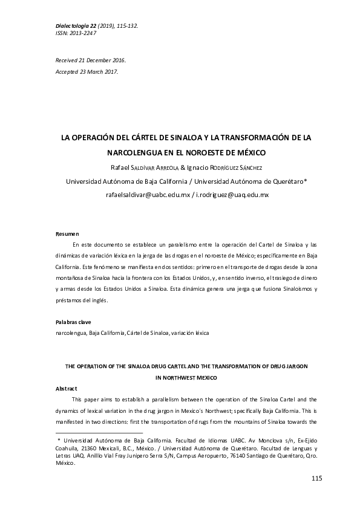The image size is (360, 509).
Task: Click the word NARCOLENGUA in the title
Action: [x=134, y=152]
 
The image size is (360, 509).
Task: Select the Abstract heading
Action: [x=66, y=388]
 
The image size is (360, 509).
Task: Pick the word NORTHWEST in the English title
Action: [x=176, y=377]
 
